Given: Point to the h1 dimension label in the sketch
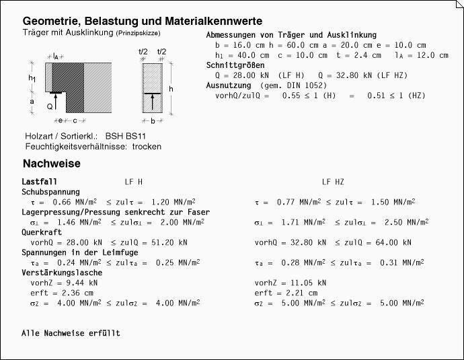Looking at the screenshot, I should [x=32, y=79].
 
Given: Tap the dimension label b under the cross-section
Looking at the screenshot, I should [x=153, y=121].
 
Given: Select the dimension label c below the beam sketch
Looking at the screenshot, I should [x=75, y=121].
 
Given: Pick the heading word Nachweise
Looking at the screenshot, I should [x=52, y=164].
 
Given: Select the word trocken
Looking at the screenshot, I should [x=147, y=146].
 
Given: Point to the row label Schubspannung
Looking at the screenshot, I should [x=51, y=192].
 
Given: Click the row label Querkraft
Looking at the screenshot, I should [x=42, y=232].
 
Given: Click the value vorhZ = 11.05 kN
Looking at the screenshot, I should [x=291, y=283].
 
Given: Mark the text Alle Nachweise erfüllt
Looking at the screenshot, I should [x=71, y=333].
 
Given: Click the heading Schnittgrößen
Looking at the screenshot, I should [x=236, y=65].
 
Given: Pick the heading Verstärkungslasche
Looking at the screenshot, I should [x=62, y=273].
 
